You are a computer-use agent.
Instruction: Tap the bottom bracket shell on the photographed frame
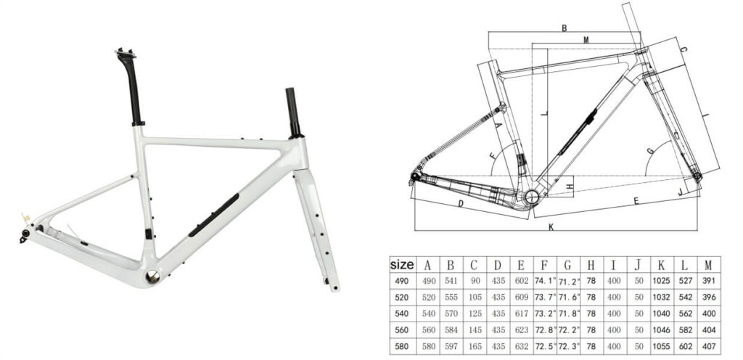coord(153,276)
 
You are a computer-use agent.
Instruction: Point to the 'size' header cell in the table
coord(402,265)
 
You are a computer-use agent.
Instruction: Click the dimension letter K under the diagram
coord(551,227)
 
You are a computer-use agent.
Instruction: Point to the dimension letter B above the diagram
coord(564,28)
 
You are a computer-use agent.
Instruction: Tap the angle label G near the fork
coord(650,150)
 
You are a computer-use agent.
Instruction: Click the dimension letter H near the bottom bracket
coord(570,187)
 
